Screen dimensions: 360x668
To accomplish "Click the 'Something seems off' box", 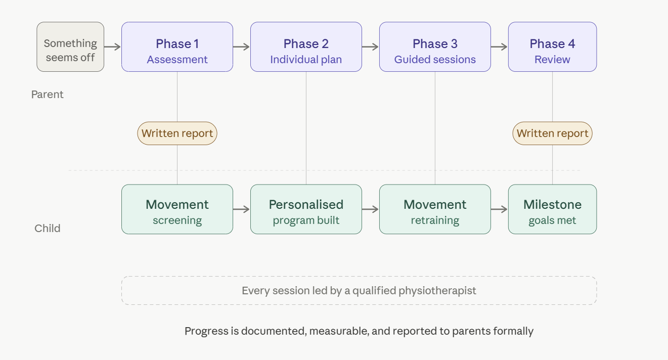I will (70, 47).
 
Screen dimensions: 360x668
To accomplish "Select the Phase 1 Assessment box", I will (177, 47).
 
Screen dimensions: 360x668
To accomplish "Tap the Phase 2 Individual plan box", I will (306, 47).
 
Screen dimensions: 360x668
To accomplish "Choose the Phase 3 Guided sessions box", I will (435, 47).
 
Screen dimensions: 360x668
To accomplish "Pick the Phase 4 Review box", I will (552, 47).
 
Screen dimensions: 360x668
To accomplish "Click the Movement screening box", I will (177, 209).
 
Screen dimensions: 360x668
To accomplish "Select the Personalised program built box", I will (306, 209).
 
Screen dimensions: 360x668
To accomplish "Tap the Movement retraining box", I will (435, 209).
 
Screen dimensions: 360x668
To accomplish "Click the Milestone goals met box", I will (552, 209).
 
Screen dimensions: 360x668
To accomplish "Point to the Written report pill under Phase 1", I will (177, 133).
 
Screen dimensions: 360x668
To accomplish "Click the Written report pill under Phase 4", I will (552, 133).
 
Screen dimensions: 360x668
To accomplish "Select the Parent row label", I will (48, 95).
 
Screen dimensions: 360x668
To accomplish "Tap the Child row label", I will (48, 229).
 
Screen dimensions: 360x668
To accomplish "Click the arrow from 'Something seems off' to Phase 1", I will (113, 47).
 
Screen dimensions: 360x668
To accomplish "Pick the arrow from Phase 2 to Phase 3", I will (371, 47).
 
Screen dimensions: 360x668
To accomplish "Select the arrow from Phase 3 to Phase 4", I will (500, 47).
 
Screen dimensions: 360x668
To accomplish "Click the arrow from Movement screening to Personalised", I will (242, 209).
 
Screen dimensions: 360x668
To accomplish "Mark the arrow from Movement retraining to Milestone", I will (500, 209).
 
